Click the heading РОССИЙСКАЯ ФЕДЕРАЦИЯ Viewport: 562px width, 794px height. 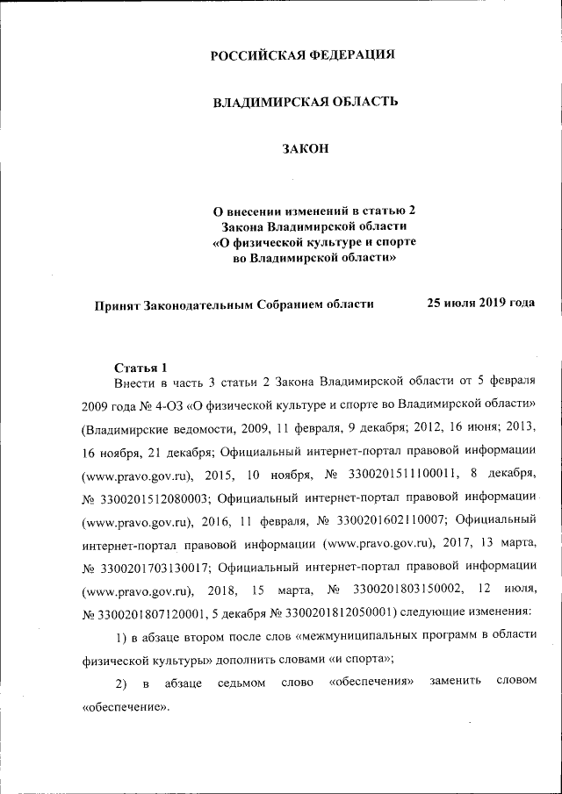point(303,55)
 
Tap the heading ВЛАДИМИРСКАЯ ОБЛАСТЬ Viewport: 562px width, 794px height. point(306,102)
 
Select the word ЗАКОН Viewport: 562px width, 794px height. point(305,148)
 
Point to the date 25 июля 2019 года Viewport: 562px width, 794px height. point(480,303)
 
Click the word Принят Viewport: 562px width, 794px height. point(116,304)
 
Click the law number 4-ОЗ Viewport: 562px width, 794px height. point(168,407)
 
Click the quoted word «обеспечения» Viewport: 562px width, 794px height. point(370,682)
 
